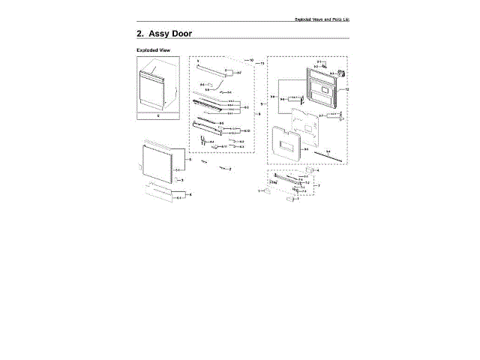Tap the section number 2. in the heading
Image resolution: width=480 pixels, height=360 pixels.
pos(140,34)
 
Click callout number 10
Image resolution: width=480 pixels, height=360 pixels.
pos(252,59)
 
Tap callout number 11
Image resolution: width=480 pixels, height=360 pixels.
pos(262,64)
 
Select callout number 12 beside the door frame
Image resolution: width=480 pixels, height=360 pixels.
pos(347,90)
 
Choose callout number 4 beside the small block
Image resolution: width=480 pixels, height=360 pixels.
pos(317,171)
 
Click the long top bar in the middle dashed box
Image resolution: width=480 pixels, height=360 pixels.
pos(213,71)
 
